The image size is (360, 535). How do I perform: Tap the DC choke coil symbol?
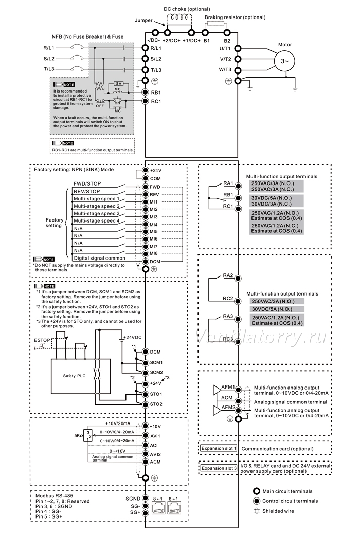180,17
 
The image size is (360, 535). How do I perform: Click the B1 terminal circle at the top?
205,33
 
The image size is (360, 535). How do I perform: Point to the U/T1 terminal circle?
238,49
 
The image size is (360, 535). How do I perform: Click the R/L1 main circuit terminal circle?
145,48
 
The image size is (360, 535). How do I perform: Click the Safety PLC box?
81,376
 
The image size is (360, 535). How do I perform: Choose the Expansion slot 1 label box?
218,448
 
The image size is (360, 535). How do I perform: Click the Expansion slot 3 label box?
219,468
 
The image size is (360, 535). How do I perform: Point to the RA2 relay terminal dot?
238,279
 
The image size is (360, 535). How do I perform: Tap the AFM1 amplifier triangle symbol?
217,391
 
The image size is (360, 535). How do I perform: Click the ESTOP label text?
42,340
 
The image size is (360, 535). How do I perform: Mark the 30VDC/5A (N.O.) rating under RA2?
272,309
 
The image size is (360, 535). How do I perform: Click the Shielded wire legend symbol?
257,511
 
